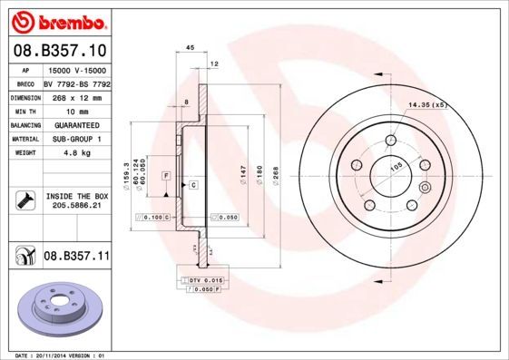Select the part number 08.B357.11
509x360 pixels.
(77, 258)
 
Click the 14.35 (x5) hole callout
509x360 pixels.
(428, 105)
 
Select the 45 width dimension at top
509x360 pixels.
(190, 47)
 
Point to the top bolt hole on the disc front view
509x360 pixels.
(390, 141)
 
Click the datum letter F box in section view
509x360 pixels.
(166, 174)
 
